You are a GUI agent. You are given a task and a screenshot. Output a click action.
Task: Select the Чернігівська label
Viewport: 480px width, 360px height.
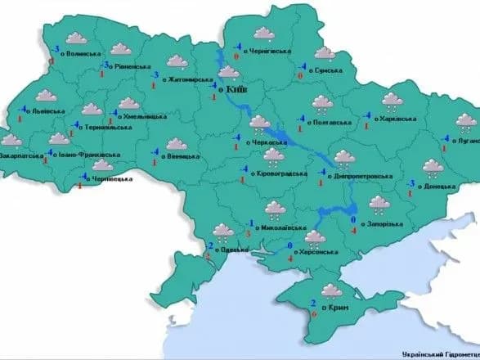(269, 51)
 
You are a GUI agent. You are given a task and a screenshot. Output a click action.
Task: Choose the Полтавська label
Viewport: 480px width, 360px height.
(333, 122)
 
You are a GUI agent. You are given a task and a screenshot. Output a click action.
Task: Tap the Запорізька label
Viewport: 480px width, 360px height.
(383, 224)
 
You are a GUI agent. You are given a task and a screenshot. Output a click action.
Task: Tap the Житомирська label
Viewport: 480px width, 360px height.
(191, 79)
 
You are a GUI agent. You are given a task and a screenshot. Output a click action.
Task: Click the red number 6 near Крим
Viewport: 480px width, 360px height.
(315, 315)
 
